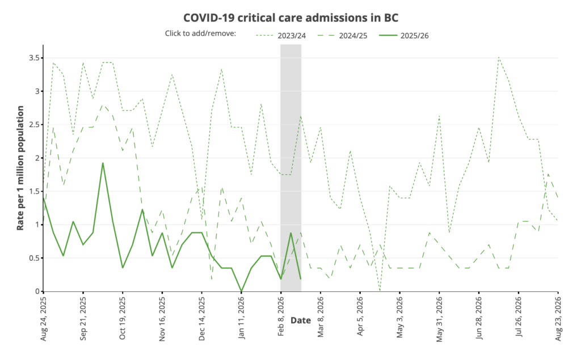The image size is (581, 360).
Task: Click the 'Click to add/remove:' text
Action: [200, 33]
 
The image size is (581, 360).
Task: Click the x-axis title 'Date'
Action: [300, 320]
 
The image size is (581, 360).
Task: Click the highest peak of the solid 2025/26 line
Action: [103, 163]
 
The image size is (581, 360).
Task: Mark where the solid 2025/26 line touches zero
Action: [242, 291]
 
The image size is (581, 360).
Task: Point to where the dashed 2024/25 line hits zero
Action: [380, 290]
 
